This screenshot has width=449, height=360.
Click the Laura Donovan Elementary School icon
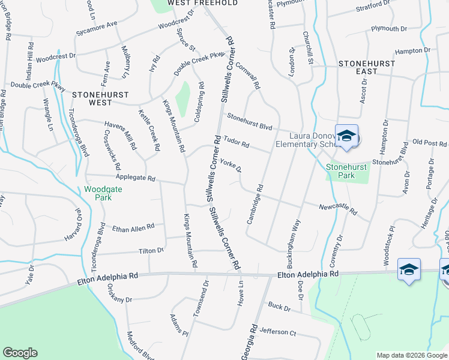tap(346, 136)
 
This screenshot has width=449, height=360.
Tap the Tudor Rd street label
tap(236, 143)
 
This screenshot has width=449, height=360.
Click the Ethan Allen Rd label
tap(133, 227)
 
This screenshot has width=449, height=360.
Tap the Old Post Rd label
tap(430, 143)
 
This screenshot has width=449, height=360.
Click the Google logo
tap(20, 353)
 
